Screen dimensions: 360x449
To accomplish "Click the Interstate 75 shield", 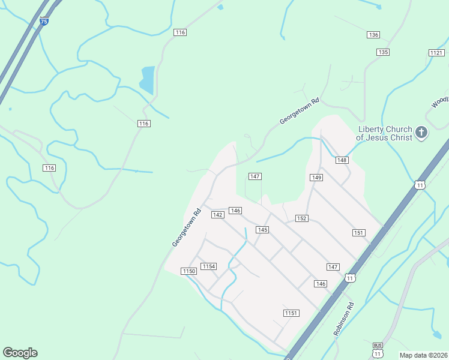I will pos(43,21).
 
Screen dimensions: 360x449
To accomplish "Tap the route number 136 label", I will pos(373,35).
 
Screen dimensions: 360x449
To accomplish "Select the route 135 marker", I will pos(383,52).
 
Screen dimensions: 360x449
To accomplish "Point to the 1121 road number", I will pos(436,53).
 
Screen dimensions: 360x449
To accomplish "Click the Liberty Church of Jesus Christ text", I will pos(385,133).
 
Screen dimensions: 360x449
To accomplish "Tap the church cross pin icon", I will pos(421,133).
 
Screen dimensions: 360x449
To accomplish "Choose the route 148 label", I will pos(342,160).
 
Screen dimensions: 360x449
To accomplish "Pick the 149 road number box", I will pos(317,178).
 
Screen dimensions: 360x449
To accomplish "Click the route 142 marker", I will pos(218,215).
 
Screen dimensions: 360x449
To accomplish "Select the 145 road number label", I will pos(262,230).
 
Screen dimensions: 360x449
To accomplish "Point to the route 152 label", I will pos(302,218).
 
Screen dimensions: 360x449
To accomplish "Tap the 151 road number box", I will pos(359,233).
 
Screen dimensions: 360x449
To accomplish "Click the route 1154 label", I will pos(208,266).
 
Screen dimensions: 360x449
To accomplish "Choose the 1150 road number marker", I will pos(189,271).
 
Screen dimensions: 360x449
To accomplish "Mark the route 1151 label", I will pos(291,313).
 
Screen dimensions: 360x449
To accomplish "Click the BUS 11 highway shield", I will pos(378,349).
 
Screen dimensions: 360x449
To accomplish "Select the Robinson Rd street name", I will pos(344,319).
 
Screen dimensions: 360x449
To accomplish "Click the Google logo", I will pos(20,353).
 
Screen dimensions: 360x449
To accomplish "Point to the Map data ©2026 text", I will pos(423,355).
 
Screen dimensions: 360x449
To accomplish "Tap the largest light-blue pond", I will pos(147,79).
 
